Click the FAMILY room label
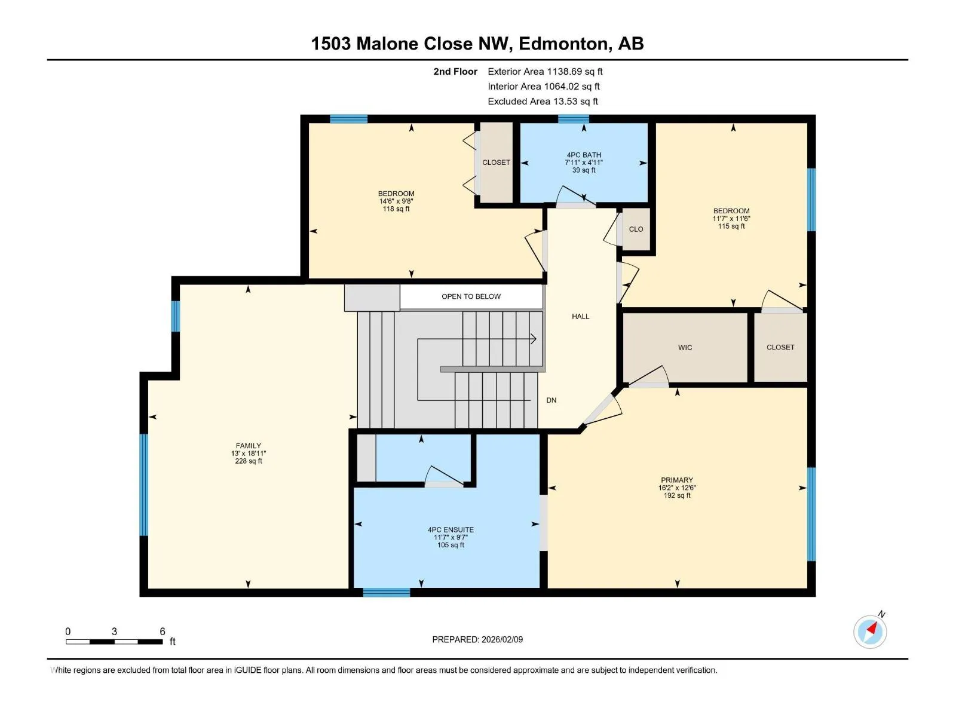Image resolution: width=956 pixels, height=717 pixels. coord(248,445)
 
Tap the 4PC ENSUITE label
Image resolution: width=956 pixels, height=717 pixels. coord(451,530)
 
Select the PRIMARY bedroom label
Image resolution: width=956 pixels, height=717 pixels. coord(677,480)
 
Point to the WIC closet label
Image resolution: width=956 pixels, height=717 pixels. coord(685,347)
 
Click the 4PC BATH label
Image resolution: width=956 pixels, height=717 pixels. coord(584,155)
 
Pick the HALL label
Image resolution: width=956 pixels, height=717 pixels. coord(581,317)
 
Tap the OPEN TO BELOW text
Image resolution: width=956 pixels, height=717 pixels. coord(471,296)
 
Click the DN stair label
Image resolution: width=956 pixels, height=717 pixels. coord(551,400)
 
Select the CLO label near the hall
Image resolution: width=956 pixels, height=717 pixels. coord(636,229)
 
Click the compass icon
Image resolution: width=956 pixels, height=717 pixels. coord(870,632)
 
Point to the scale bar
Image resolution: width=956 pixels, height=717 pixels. coord(114,642)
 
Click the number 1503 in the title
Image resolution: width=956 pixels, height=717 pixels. coord(331,44)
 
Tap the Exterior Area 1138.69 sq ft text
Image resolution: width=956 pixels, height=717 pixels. coord(546,71)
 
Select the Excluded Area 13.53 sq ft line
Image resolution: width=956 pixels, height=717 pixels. coord(543,102)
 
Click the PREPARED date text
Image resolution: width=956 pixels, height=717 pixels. coord(477,639)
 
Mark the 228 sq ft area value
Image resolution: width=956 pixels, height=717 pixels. coord(249,461)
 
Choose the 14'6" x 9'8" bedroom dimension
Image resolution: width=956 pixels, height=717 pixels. coord(396,201)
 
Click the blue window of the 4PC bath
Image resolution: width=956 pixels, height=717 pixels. coord(574,119)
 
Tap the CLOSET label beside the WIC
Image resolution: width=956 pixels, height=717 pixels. coord(780,347)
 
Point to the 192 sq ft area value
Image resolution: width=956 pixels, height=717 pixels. coord(677,495)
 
